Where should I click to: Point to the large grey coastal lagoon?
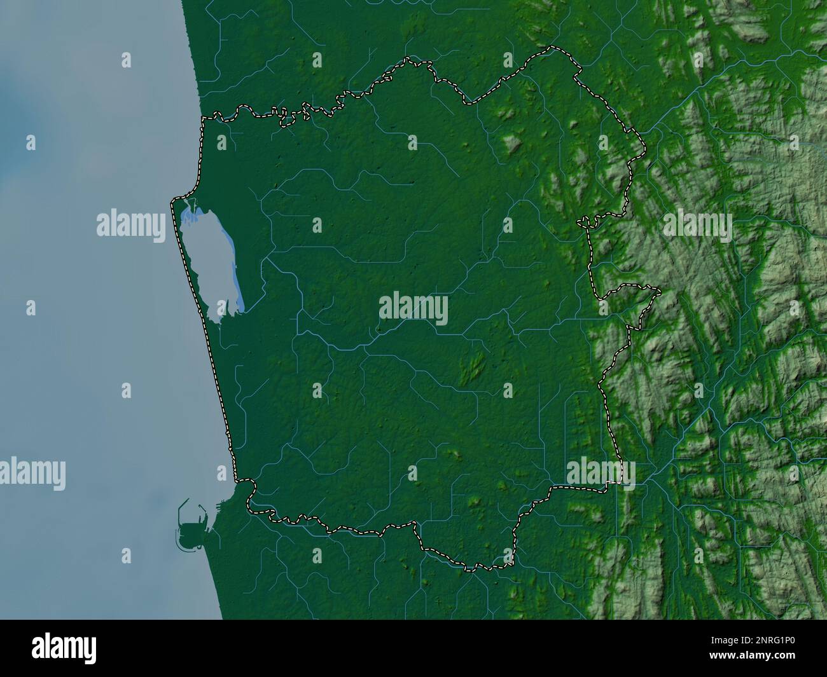[x=207, y=261]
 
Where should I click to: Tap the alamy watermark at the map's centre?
[x=413, y=310]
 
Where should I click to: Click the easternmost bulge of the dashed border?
[x=659, y=292]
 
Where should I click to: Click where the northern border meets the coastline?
[x=202, y=118]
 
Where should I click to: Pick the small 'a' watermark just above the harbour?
[x=221, y=472]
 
